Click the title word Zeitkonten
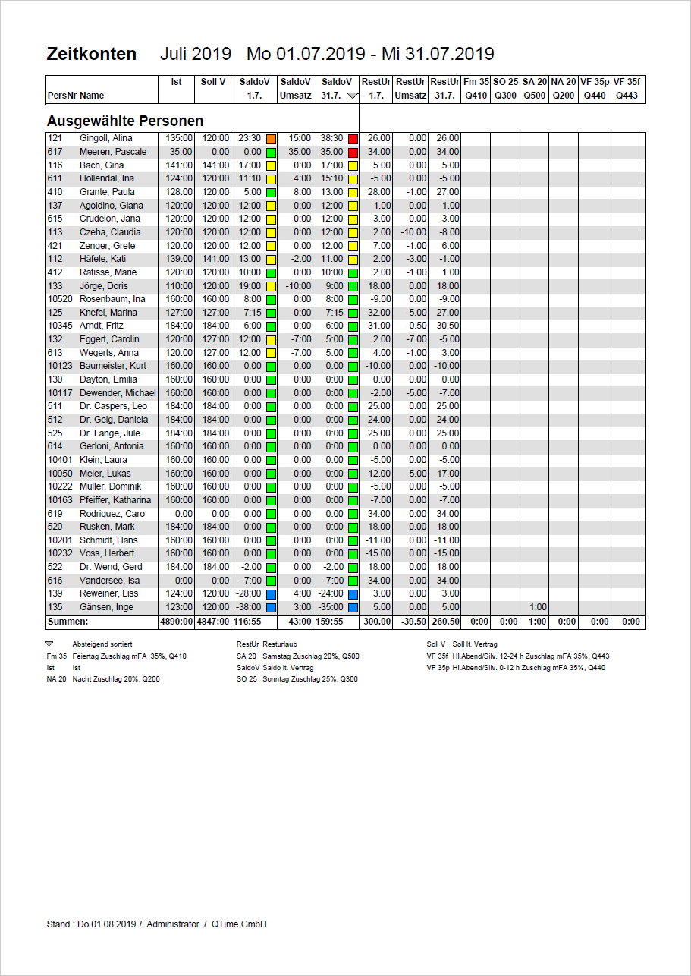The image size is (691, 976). pos(92,54)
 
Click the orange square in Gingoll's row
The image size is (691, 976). pos(271,139)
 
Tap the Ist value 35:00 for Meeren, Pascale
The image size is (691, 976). pos(177,152)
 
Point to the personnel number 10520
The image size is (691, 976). pos(60,299)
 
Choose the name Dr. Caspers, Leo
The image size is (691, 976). pos(114,406)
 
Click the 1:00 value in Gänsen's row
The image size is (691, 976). pos(538,607)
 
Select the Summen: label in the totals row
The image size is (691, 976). pos(68,622)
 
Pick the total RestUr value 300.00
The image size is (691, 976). pos(377,622)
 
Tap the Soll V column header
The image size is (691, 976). pos(213,82)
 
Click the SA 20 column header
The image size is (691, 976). pos(535,82)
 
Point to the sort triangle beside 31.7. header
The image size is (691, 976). pos(351,96)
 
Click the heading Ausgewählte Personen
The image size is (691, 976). pos(124,121)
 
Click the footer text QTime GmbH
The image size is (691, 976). pos(239,924)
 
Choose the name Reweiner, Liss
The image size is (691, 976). pos(109,593)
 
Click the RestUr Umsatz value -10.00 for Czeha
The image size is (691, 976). pos(413,232)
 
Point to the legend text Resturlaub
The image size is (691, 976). pos(280,644)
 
